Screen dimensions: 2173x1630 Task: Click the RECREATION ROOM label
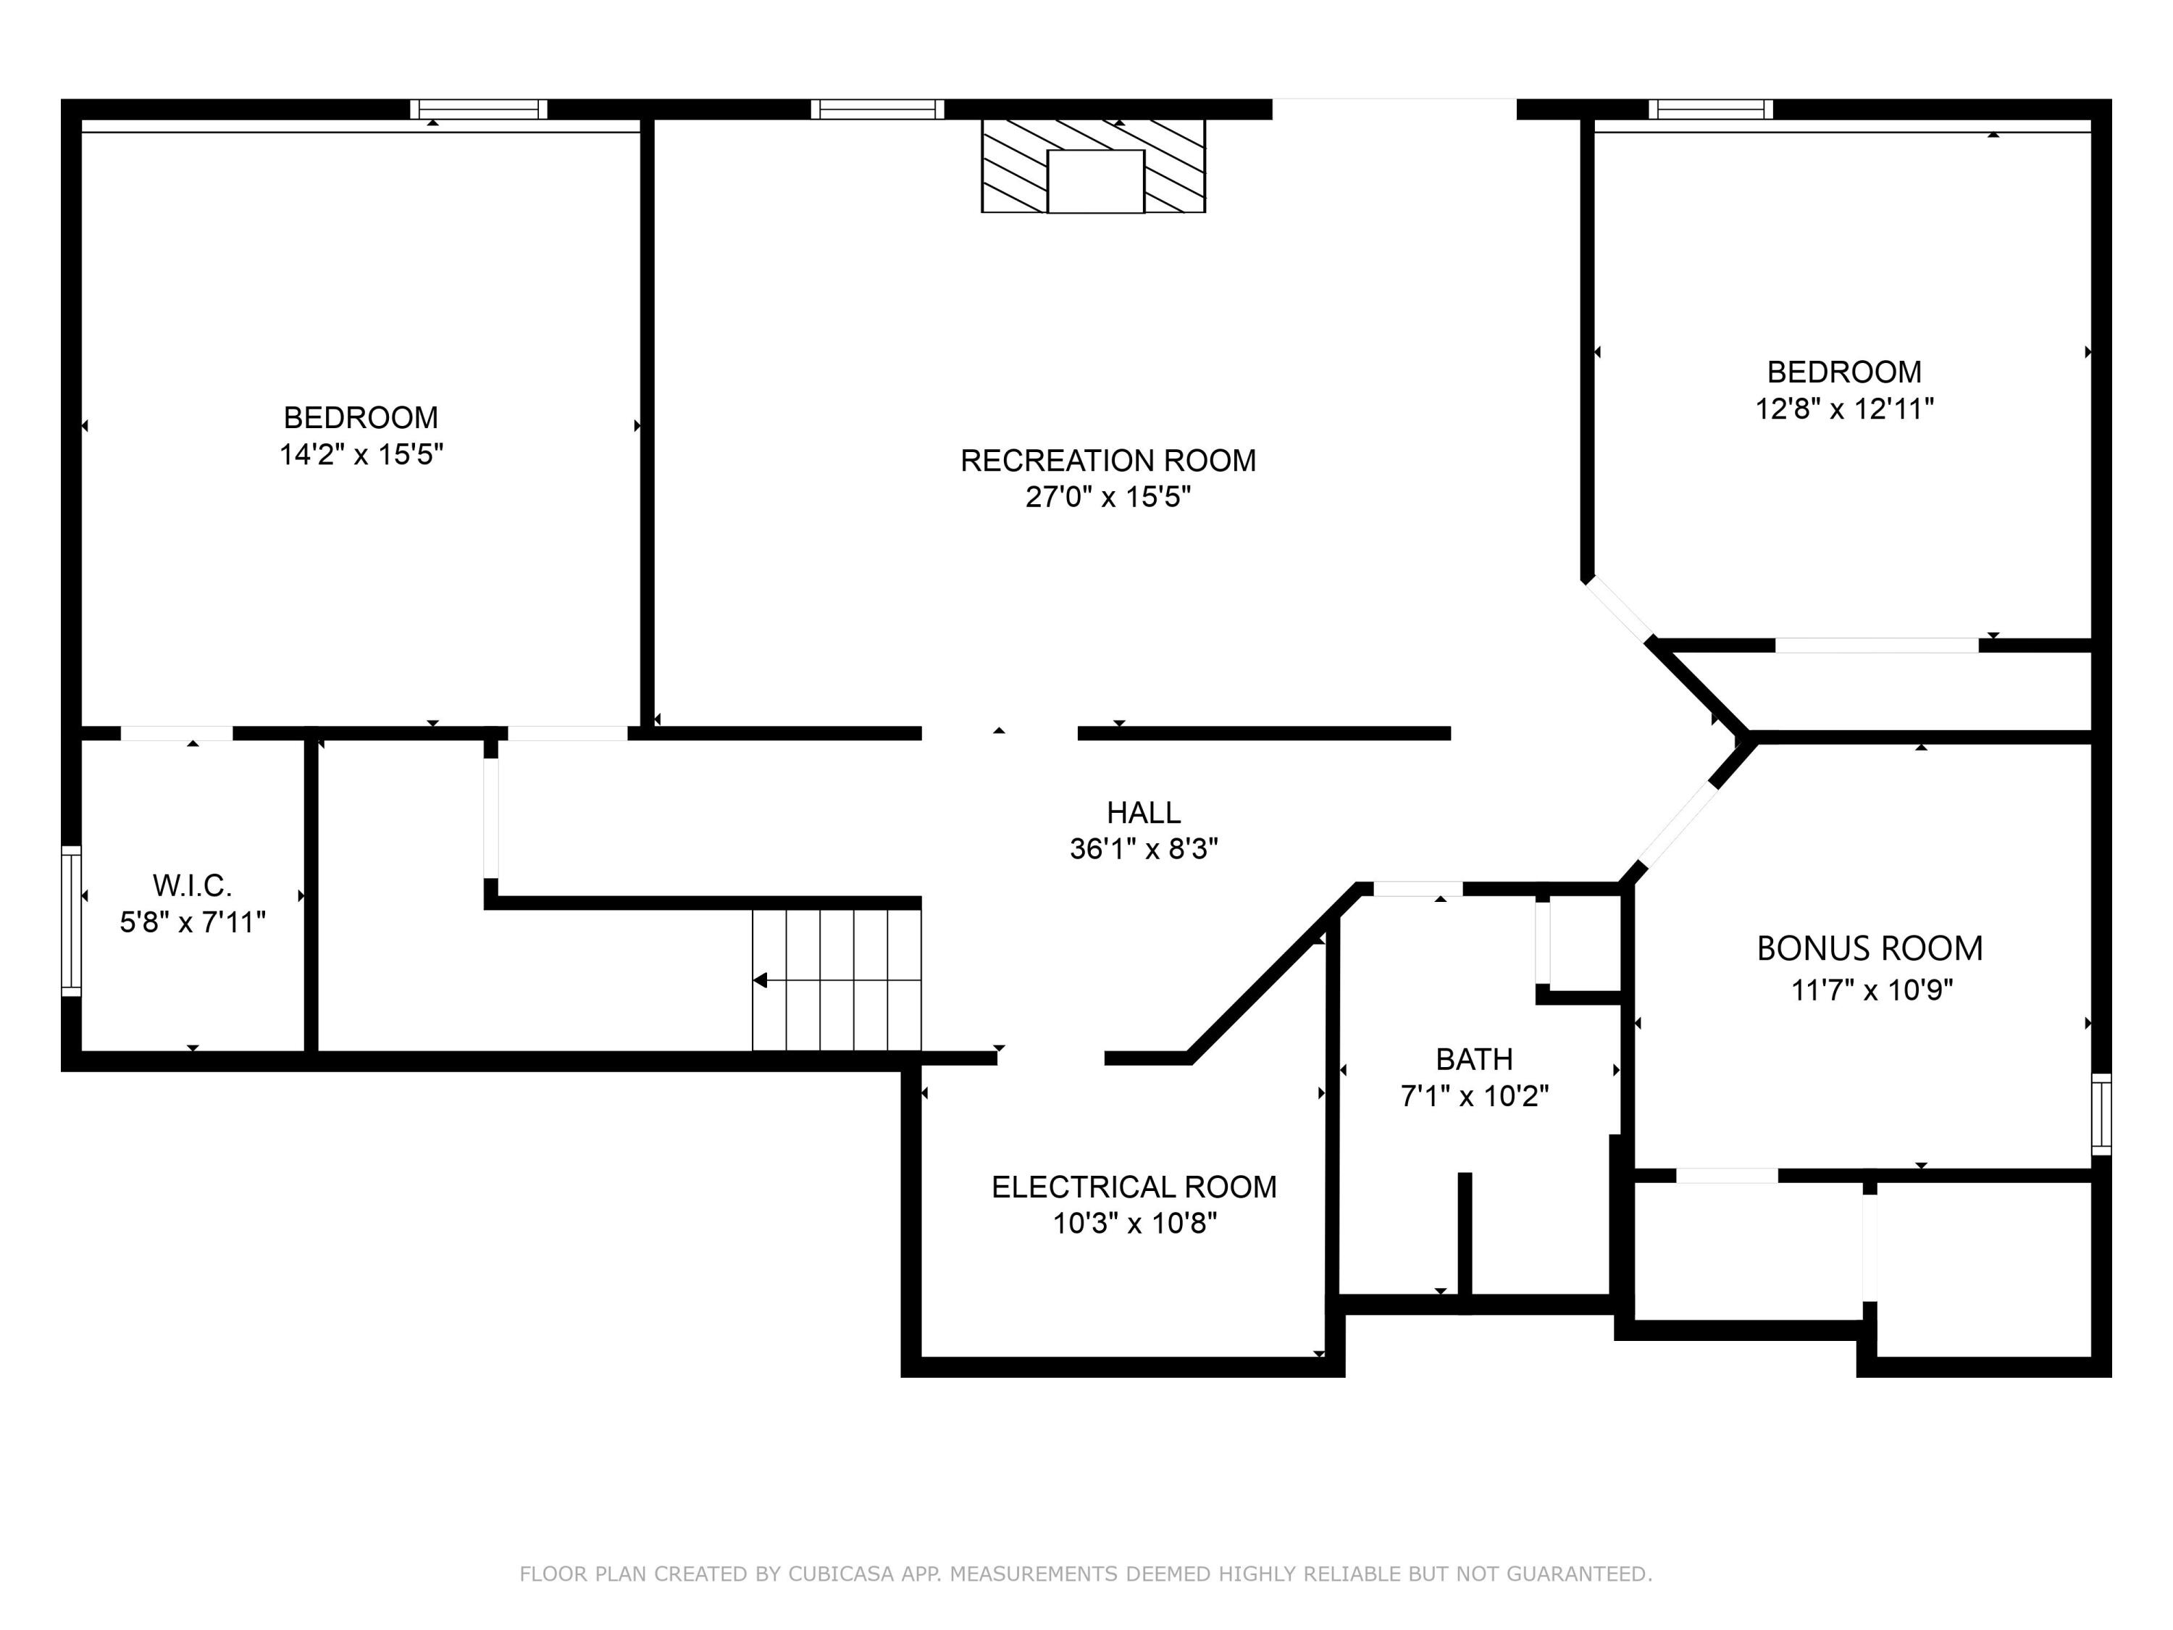(x=1108, y=460)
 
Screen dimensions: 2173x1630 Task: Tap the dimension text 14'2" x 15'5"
(x=361, y=454)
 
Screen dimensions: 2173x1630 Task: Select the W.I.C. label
(x=193, y=885)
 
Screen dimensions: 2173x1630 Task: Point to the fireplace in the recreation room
(x=1093, y=165)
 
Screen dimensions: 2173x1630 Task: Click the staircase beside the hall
(x=837, y=979)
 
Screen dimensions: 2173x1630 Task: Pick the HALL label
(x=1144, y=813)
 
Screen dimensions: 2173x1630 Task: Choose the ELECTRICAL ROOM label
(x=1134, y=1187)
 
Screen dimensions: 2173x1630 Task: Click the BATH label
(x=1475, y=1059)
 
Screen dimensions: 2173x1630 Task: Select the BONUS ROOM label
(x=1870, y=948)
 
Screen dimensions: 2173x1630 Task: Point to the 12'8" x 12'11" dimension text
(x=1844, y=409)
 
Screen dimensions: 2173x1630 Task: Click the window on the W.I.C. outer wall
(x=71, y=921)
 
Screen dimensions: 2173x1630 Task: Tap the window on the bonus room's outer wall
(x=2101, y=1114)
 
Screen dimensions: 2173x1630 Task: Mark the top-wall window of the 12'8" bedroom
(x=1710, y=109)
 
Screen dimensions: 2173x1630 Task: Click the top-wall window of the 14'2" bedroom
(x=478, y=109)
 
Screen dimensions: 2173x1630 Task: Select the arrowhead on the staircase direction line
(x=759, y=979)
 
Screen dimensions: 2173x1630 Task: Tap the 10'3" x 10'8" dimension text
(x=1134, y=1224)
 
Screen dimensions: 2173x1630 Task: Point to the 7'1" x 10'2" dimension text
(x=1475, y=1095)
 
